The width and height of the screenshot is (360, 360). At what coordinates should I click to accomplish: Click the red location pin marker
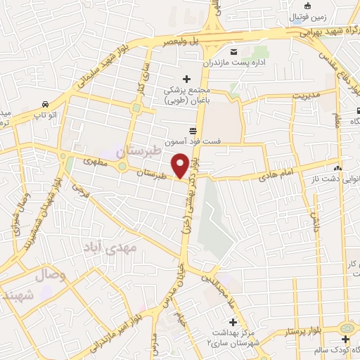point(181,165)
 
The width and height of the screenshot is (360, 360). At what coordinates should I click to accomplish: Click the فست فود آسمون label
point(193,141)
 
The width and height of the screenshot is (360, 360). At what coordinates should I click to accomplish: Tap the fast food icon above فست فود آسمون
point(193,129)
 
